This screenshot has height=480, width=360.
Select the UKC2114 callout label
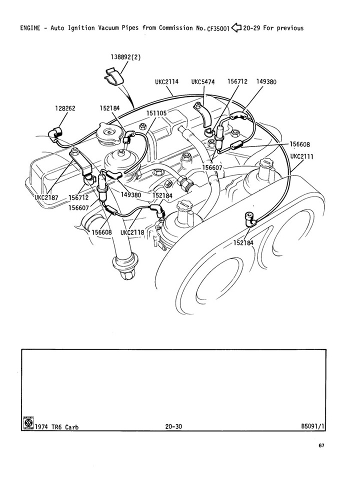point(167,81)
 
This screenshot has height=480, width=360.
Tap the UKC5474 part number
point(203,81)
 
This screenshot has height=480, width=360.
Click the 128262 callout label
point(65,107)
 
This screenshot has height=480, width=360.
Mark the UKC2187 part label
point(46,197)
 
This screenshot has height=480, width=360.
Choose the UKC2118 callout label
point(132,232)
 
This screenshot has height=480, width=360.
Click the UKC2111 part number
point(302,156)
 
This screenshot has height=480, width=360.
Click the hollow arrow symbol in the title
point(236,27)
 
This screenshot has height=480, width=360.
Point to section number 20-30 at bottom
point(172,426)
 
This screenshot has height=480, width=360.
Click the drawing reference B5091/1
point(313,426)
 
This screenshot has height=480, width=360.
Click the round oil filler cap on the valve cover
point(109,133)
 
